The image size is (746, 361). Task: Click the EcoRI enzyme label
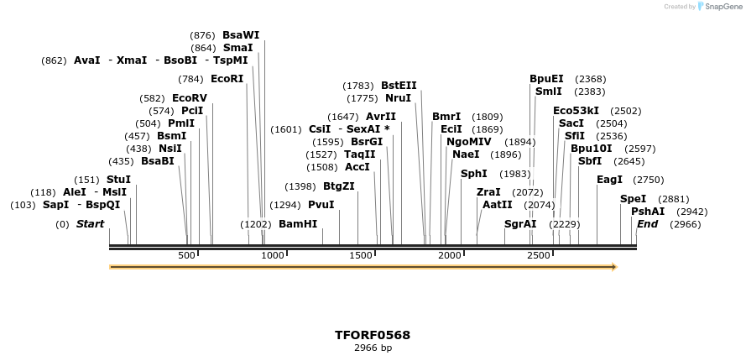tap(227, 79)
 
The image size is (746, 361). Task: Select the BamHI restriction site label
tap(298, 224)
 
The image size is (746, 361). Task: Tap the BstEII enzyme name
tap(399, 86)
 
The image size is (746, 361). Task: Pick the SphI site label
tap(473, 174)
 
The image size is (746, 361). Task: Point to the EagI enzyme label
tap(609, 180)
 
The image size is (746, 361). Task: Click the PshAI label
tap(648, 212)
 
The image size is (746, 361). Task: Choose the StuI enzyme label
tap(118, 180)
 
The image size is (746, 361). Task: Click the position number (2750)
tap(648, 180)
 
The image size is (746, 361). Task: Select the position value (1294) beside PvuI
tap(285, 205)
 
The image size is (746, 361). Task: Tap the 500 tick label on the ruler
tap(186, 255)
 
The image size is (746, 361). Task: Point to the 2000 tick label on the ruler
tap(450, 255)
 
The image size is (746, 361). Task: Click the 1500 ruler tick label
tap(361, 255)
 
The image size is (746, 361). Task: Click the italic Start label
tap(90, 224)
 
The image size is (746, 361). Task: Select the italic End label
tap(647, 224)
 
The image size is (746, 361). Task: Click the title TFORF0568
tap(373, 335)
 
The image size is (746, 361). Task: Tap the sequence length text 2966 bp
tap(373, 348)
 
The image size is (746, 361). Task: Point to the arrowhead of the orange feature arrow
tap(613, 267)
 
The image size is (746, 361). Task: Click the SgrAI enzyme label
tap(520, 224)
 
